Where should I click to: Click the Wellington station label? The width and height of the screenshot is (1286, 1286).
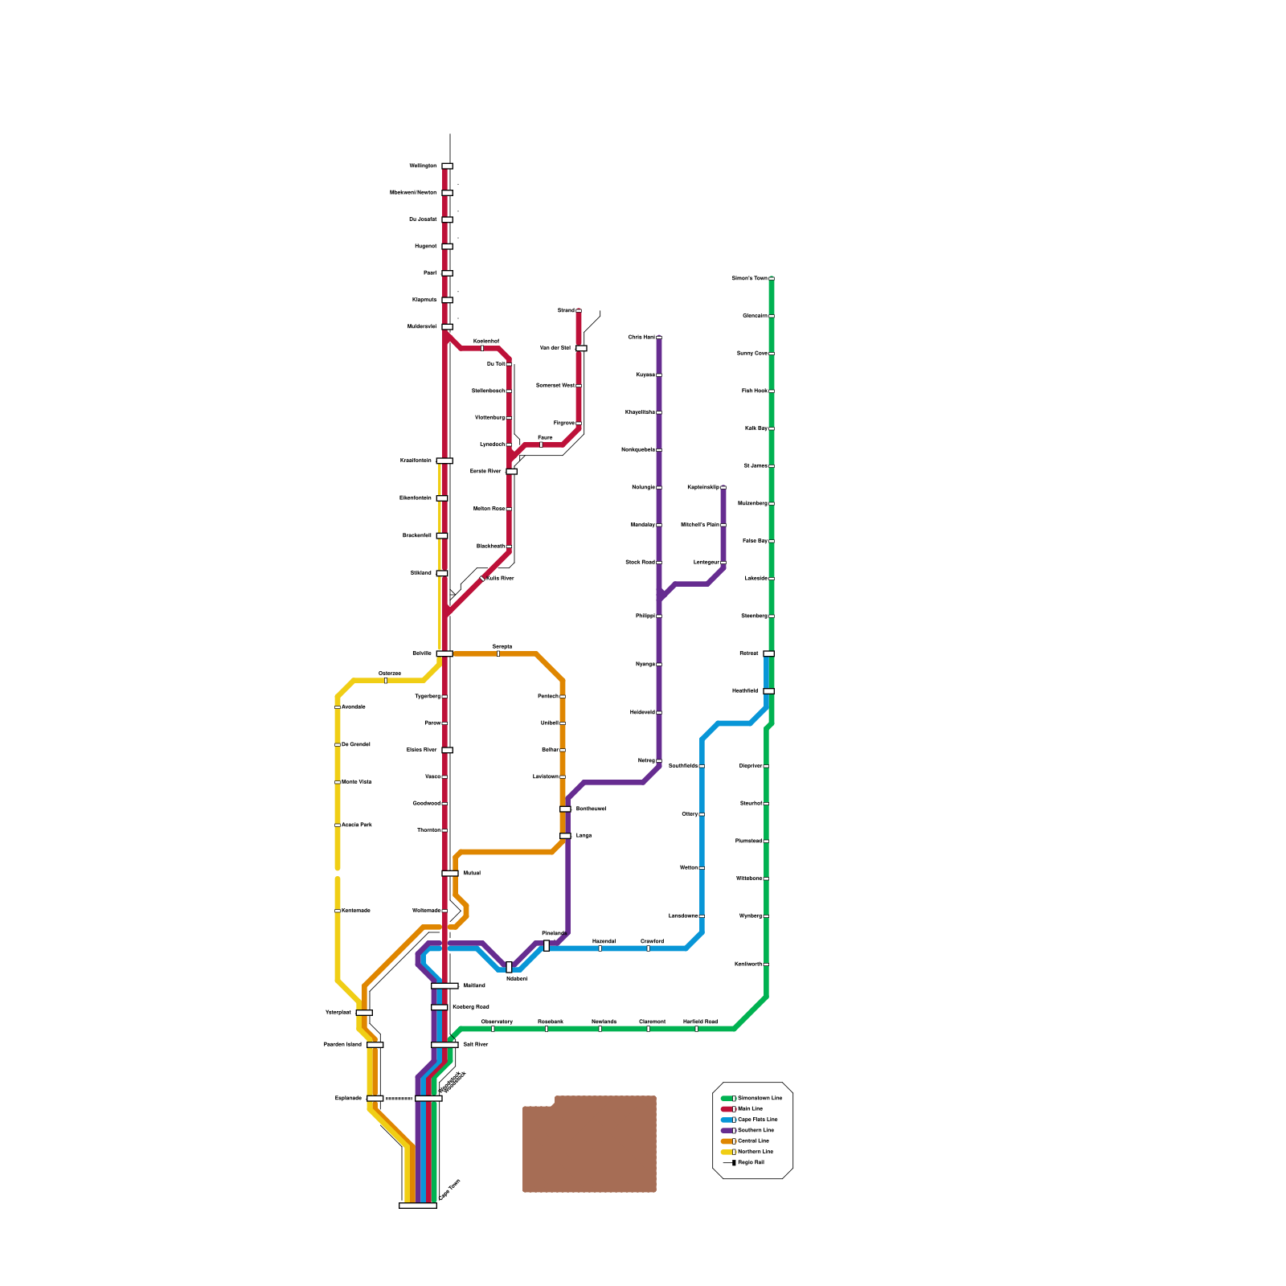[x=423, y=166]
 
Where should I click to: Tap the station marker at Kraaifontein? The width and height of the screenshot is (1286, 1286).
[x=444, y=461]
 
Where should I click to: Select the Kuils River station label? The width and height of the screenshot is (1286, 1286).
[x=500, y=578]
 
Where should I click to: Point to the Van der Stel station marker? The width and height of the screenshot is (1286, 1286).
[x=581, y=348]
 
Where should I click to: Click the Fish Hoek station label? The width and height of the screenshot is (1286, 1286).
[x=754, y=391]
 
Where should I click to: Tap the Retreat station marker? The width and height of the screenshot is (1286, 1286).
[x=768, y=653]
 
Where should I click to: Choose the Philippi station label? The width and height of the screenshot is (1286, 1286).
[x=645, y=616]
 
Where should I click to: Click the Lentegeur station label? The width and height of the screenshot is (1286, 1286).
[x=706, y=562]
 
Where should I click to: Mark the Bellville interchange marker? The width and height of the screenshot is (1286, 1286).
[x=444, y=653]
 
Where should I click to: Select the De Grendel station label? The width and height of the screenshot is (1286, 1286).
[x=356, y=744]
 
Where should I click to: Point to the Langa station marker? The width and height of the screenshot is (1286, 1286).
[x=565, y=836]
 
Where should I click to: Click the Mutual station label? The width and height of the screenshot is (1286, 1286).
[x=472, y=873]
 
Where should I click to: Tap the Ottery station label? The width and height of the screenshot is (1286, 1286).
[x=690, y=814]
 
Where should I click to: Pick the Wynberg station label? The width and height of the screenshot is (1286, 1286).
[x=750, y=915]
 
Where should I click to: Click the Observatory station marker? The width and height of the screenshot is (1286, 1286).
[x=493, y=1028]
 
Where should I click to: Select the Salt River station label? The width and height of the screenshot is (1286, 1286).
[x=476, y=1044]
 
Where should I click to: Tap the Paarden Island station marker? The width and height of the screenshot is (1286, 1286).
[x=375, y=1045]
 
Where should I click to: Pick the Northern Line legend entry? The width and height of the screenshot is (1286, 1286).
[x=755, y=1152]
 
